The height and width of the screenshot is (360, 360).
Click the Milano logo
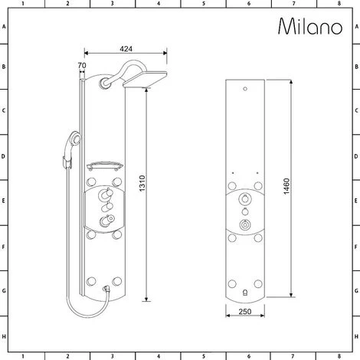(x=310, y=26)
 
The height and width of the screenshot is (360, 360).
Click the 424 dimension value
(x=126, y=49)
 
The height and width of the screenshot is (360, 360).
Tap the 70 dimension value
(x=82, y=65)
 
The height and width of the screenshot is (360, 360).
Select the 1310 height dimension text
(x=142, y=183)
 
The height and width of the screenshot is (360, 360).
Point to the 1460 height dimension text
(x=286, y=186)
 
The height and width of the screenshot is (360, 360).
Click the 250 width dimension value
(x=245, y=312)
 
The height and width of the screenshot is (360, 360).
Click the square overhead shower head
(x=145, y=80)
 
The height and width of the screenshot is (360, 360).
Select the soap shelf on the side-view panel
(x=105, y=166)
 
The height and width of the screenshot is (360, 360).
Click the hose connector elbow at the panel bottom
(x=106, y=289)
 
